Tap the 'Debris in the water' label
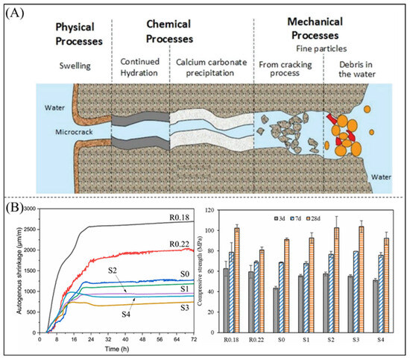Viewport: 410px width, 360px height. click(362, 66)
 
